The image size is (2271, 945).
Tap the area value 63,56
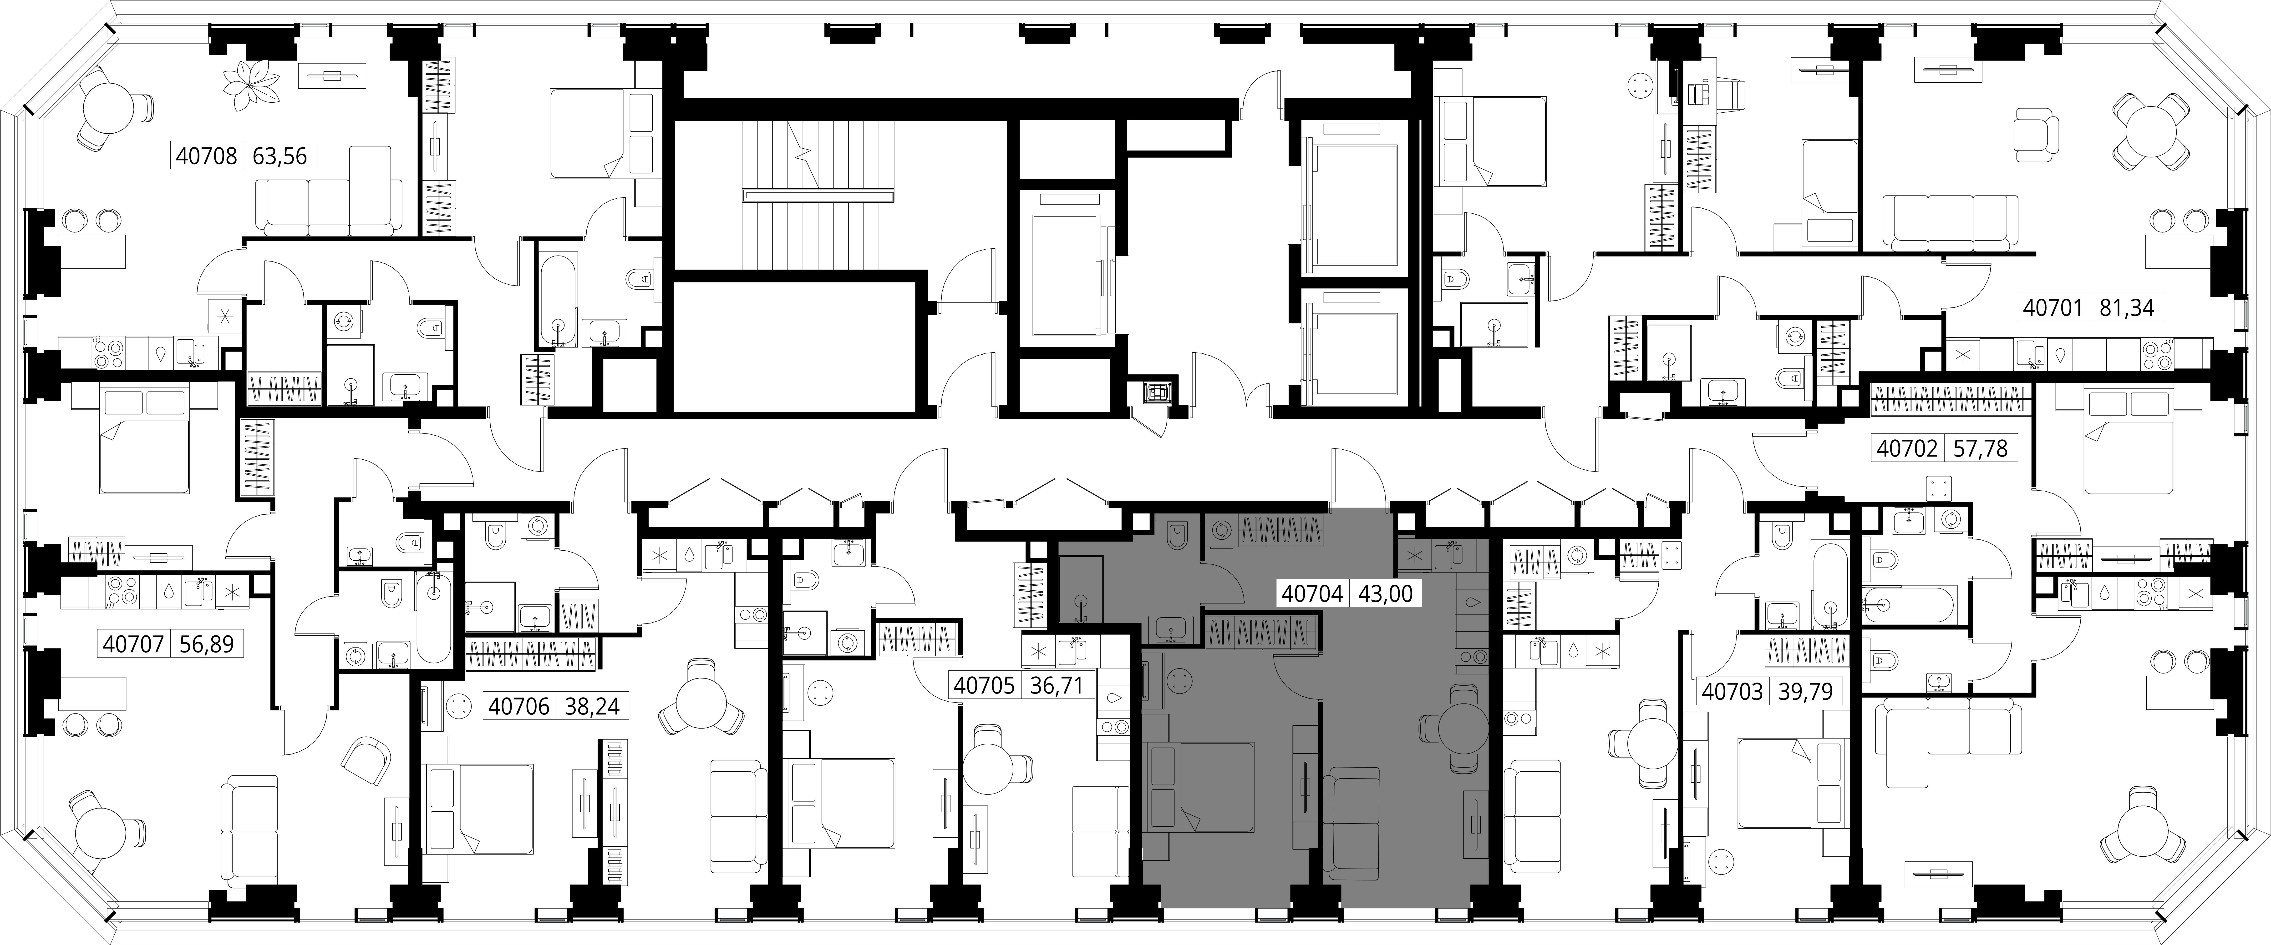(279, 156)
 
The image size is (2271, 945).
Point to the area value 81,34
(2126, 308)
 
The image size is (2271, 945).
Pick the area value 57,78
(1979, 449)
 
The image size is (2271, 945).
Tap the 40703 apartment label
(1732, 692)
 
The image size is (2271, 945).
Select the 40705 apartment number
(985, 685)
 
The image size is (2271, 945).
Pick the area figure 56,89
(206, 644)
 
